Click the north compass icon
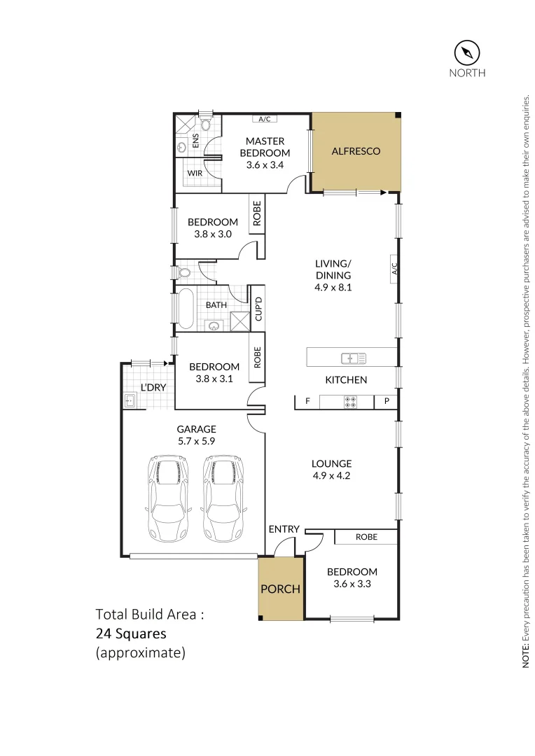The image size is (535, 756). coord(466,52)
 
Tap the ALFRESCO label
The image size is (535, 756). coord(356,151)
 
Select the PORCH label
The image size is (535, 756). coord(280,589)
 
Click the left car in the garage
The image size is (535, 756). coord(168,498)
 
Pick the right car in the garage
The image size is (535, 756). coord(223,498)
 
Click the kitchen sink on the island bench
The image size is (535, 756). coord(354,358)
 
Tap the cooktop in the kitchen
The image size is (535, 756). coord(348,402)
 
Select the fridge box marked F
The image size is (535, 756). coord(307,402)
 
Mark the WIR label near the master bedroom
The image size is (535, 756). coord(193,171)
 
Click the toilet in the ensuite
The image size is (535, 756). coord(205,124)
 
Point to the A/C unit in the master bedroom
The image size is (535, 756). coord(264,119)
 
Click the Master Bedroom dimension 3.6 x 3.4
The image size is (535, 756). coord(265,165)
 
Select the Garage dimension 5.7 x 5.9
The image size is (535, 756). coord(196,442)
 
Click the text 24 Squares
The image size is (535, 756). coord(131,634)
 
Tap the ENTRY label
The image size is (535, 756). coord(284,529)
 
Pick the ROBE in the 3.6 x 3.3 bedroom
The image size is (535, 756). coord(366,537)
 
